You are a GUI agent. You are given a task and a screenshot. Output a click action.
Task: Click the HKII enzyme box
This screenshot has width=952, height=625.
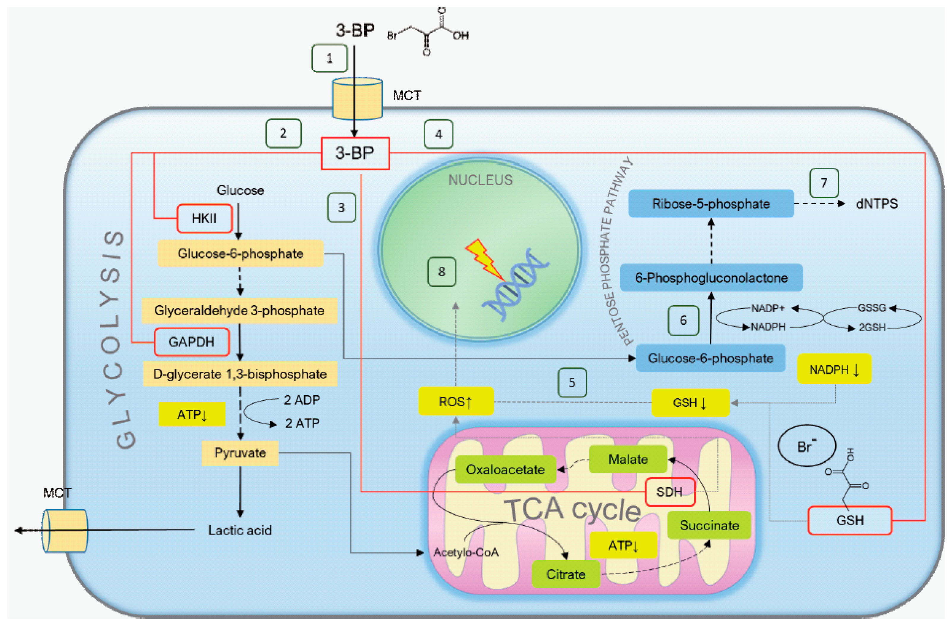pos(204,218)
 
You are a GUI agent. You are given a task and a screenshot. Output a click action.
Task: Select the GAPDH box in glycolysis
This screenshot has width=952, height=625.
pos(192,342)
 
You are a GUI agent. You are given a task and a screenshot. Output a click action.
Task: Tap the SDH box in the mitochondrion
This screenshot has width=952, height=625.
pos(670,492)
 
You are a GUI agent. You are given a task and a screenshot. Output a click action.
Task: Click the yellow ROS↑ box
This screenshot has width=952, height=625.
pos(456,401)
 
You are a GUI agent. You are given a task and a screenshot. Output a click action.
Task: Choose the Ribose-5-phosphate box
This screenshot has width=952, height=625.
pos(711,203)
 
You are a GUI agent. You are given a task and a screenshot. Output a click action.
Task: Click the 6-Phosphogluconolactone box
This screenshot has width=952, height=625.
pos(711,278)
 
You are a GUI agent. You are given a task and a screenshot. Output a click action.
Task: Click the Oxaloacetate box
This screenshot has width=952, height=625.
pos(506,469)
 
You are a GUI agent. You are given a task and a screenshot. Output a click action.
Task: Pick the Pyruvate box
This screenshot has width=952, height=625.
pos(240,453)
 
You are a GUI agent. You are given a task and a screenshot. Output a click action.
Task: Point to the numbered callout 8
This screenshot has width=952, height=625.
pos(442,272)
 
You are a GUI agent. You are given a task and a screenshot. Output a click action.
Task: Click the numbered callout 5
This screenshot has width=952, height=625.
pos(572,383)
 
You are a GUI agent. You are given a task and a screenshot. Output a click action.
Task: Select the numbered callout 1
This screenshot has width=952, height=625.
pos(329,58)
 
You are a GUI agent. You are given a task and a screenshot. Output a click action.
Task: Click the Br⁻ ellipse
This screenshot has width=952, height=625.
pos(807,445)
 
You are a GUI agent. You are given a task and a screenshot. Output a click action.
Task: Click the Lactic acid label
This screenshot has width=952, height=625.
pos(240,530)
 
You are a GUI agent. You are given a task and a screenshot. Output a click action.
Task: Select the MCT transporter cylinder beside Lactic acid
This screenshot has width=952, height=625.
pos(65,531)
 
